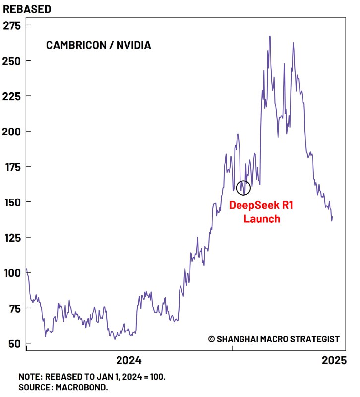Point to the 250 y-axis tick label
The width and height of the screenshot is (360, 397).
(x=12, y=61)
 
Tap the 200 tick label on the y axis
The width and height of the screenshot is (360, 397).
(x=12, y=132)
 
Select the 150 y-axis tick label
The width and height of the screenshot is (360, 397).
(x=12, y=202)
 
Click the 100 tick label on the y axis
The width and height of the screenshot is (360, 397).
(x=12, y=273)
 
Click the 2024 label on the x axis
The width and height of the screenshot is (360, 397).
(x=128, y=360)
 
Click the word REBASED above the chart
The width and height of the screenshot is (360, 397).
(x=27, y=9)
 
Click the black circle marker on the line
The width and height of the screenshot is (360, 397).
(x=243, y=187)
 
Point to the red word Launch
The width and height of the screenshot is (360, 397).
(x=262, y=218)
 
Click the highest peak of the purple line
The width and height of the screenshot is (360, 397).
(x=270, y=36)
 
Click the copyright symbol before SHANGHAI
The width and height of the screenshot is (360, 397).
(x=211, y=339)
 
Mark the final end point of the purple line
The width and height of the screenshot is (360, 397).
(x=332, y=216)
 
